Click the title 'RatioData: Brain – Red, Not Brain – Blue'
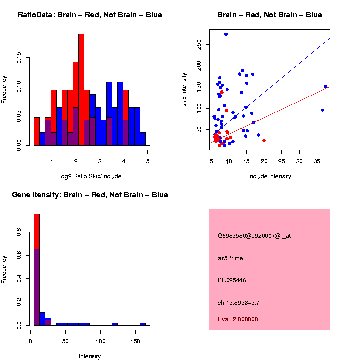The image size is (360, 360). (x=90, y=15)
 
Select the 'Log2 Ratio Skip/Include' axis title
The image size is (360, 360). (x=90, y=176)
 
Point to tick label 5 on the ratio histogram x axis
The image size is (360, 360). (x=148, y=162)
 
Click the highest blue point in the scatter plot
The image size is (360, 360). (x=226, y=34)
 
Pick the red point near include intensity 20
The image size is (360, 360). (x=264, y=141)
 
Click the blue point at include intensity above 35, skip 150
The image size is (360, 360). (x=325, y=86)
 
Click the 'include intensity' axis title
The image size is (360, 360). (x=269, y=176)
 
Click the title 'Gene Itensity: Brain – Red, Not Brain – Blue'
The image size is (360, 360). (x=90, y=195)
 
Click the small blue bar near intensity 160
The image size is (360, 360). (x=143, y=324)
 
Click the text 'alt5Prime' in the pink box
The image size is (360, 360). (x=230, y=258)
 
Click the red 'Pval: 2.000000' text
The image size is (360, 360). (x=238, y=319)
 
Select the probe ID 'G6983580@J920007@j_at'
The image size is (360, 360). (x=254, y=236)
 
